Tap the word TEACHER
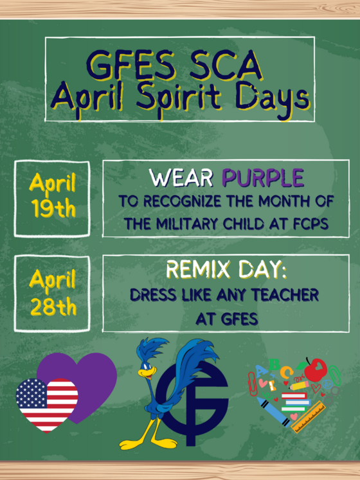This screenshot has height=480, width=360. click(285, 296)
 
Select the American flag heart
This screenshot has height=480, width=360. click(46, 402)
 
